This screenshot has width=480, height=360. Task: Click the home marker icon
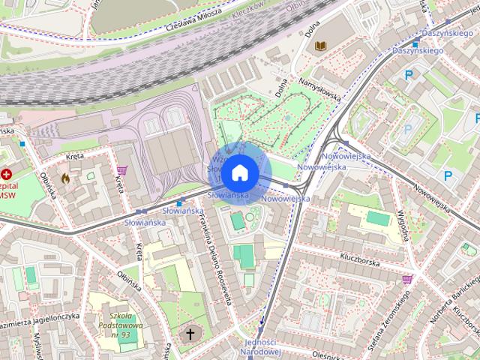[x=239, y=173]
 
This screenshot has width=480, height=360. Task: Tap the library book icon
[x=321, y=46]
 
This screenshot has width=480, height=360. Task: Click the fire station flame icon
[x=65, y=179]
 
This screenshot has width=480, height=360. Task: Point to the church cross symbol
[x=190, y=333]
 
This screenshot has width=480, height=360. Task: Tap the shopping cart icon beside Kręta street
[x=121, y=169]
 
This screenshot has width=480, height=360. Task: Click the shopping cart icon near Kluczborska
[x=407, y=279]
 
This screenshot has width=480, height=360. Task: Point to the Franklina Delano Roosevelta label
[x=212, y=259]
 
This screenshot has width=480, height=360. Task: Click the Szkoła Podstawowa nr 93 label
[x=112, y=325]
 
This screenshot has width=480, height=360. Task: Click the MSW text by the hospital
[x=6, y=194]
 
